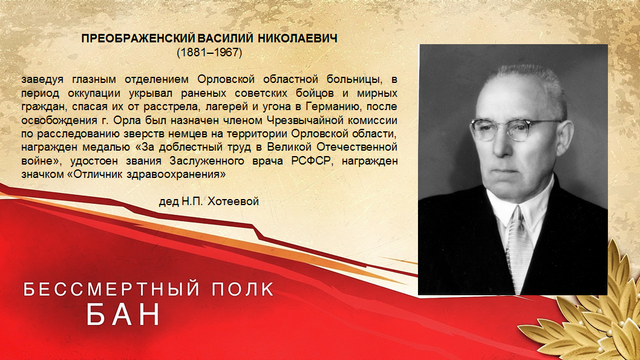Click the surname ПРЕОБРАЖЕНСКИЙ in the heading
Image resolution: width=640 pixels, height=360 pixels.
click(139, 39)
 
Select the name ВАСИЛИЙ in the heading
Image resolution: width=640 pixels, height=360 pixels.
click(225, 39)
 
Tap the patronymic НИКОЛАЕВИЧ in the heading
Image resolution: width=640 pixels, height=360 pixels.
click(298, 39)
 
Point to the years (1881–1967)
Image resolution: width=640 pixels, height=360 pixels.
click(209, 53)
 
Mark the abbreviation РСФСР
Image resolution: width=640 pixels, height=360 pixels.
click(310, 161)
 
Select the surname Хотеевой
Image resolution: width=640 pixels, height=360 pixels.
click(233, 201)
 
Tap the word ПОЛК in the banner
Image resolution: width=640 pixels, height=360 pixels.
click(243, 289)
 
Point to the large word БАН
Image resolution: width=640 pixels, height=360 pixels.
click(123, 314)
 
